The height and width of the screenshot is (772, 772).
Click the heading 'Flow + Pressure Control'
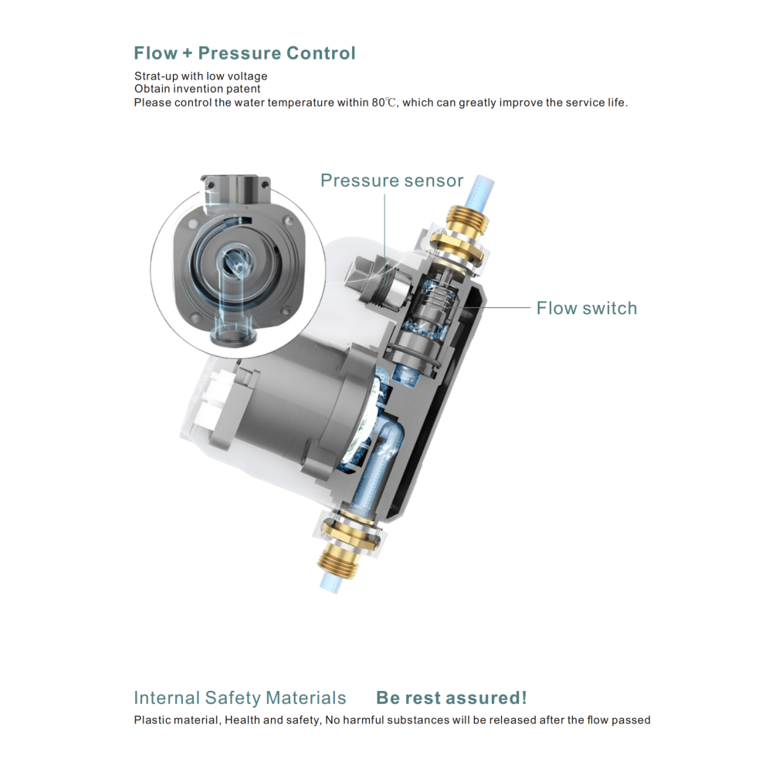tap(245, 53)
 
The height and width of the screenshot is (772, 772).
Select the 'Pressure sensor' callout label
tap(392, 181)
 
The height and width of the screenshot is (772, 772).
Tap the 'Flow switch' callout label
tap(587, 308)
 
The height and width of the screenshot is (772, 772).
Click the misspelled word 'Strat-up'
tap(156, 76)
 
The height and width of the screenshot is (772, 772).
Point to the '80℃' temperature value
tap(384, 103)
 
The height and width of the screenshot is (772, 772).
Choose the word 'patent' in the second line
tap(243, 89)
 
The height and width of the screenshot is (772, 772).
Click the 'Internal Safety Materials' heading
tap(240, 698)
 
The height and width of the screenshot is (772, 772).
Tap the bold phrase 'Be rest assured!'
tap(452, 698)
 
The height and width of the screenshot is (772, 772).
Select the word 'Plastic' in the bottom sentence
tap(151, 720)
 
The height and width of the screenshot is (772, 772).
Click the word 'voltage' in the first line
tap(248, 76)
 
